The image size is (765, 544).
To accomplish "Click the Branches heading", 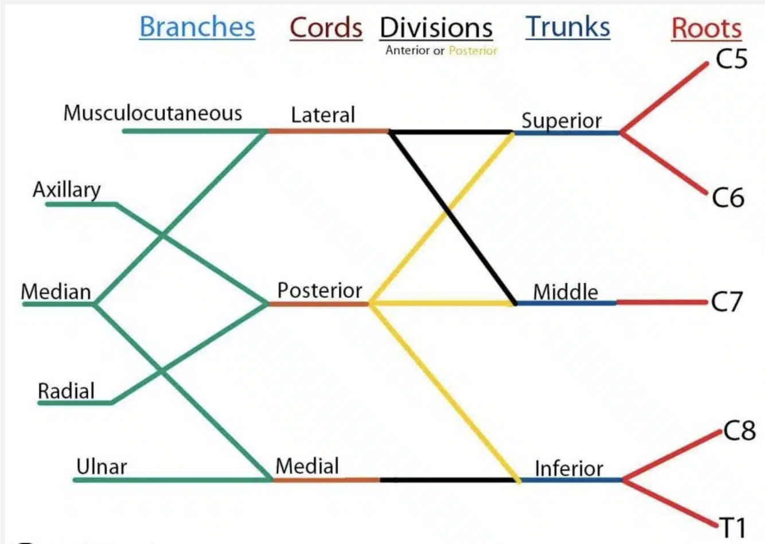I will click(197, 27).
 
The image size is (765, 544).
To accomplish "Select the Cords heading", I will click(326, 28).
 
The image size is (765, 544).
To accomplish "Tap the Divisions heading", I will click(436, 28).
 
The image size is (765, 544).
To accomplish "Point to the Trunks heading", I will click(568, 27).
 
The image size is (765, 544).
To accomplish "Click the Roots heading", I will click(707, 28).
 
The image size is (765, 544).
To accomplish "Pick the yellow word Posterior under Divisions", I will click(473, 50).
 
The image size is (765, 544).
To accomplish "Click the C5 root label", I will click(731, 58).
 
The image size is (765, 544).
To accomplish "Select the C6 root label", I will click(728, 198).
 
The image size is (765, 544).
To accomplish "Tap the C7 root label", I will click(727, 302).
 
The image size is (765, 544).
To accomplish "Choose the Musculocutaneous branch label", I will click(153, 113).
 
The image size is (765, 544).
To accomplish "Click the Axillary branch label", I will click(67, 189).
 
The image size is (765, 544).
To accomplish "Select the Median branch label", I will click(56, 292).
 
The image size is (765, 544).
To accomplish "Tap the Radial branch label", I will click(66, 392).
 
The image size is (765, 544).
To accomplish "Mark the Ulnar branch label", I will click(102, 467).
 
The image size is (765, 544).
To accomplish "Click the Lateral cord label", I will click(323, 115).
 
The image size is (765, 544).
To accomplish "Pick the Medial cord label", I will click(307, 465).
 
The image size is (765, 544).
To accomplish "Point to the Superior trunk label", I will click(561, 121).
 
